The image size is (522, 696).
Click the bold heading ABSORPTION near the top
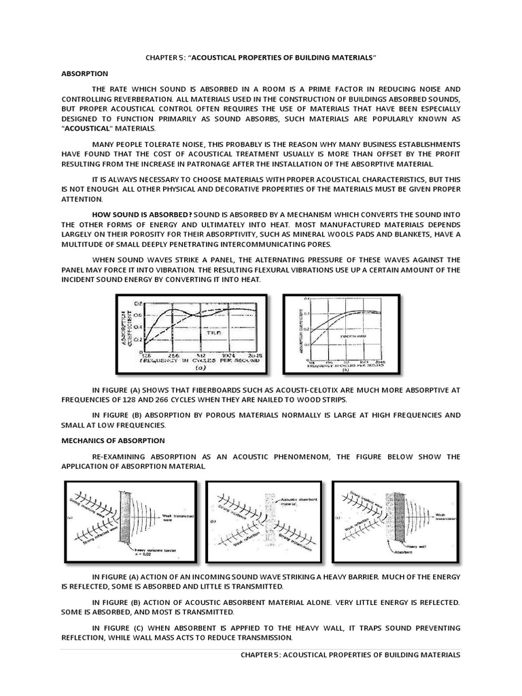tap(84, 73)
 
